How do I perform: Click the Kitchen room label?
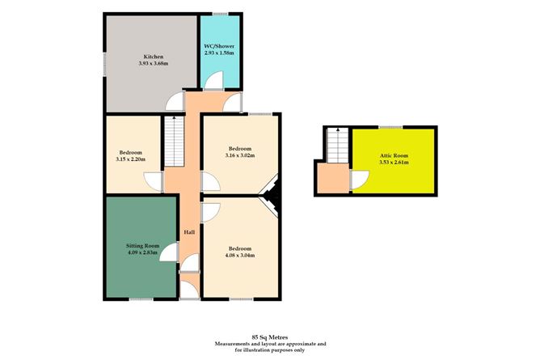pyautogui.click(x=154, y=57)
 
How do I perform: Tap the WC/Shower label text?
pyautogui.click(x=219, y=46)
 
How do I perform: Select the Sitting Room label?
pyautogui.click(x=142, y=246)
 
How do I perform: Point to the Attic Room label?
pyautogui.click(x=394, y=155)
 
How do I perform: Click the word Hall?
pyautogui.click(x=189, y=232)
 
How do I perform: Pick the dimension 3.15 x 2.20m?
pyautogui.click(x=130, y=159)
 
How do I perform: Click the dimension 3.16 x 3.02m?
pyautogui.click(x=240, y=155)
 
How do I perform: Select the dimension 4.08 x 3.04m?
pyautogui.click(x=240, y=256)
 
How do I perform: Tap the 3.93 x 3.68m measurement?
pyautogui.click(x=154, y=63)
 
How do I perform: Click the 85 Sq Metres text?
pyautogui.click(x=270, y=337)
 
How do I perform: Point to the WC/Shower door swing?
pyautogui.click(x=214, y=80)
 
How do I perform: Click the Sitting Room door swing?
pyautogui.click(x=169, y=252)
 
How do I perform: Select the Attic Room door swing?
pyautogui.click(x=361, y=180)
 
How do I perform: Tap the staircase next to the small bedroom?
pyautogui.click(x=175, y=142)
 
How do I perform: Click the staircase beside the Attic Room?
pyautogui.click(x=338, y=146)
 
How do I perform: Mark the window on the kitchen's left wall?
pyautogui.click(x=104, y=64)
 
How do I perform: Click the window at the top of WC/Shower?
pyautogui.click(x=220, y=14)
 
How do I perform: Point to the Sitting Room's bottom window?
pyautogui.click(x=141, y=299)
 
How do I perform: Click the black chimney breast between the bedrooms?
pyautogui.click(x=272, y=195)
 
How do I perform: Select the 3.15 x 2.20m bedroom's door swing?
pyautogui.click(x=153, y=181)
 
